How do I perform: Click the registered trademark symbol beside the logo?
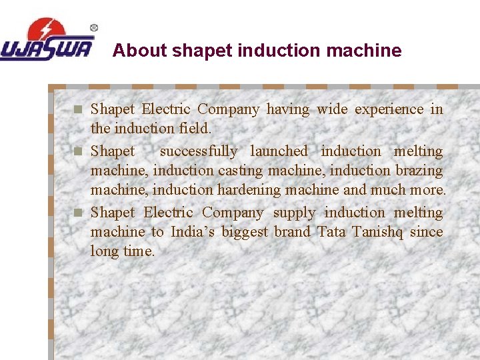(x=94, y=28)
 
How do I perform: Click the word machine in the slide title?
(x=369, y=51)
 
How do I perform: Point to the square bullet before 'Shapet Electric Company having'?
(x=78, y=109)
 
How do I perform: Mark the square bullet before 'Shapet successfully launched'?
(x=78, y=151)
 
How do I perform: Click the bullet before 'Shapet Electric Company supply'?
(x=78, y=213)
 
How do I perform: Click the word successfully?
(x=198, y=151)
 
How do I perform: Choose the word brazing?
(x=419, y=171)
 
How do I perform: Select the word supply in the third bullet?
(x=294, y=213)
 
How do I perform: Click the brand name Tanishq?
(x=377, y=232)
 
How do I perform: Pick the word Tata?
(x=331, y=232)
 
